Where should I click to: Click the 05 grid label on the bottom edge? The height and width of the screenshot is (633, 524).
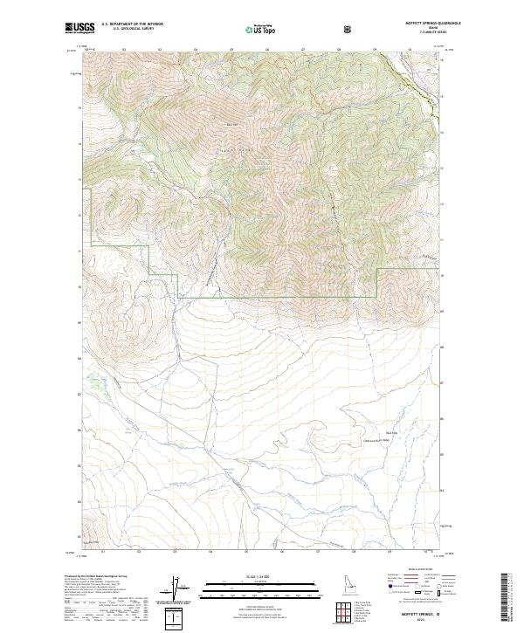247,552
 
